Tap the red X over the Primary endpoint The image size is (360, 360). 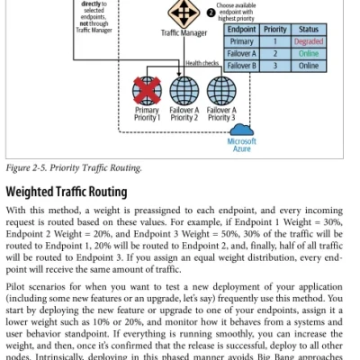[x=147, y=91]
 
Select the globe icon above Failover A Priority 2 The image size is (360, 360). [x=184, y=91]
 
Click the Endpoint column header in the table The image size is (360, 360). [x=241, y=30]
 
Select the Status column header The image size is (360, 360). [x=309, y=30]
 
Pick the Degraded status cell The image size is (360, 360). [x=309, y=41]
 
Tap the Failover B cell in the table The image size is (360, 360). [x=241, y=66]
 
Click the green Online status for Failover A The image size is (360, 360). [x=309, y=54]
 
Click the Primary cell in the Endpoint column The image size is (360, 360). [x=241, y=41]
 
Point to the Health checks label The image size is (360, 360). [x=202, y=63]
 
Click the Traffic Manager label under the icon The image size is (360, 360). [x=184, y=32]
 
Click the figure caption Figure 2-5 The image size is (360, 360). [x=27, y=167]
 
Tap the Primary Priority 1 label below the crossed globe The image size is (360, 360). [x=147, y=113]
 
